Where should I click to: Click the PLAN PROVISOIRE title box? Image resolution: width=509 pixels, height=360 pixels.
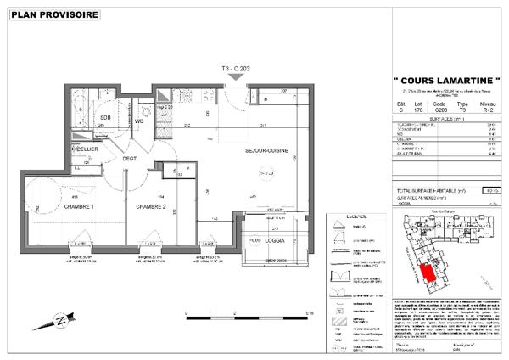click(53, 14)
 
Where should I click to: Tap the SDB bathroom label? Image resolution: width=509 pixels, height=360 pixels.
click(106, 118)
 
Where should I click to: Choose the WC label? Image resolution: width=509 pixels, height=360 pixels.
click(138, 121)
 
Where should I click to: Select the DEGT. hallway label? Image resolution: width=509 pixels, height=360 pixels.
click(130, 158)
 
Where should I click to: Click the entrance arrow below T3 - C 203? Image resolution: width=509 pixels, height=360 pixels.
click(235, 78)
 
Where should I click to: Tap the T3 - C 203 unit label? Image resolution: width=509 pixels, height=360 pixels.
click(235, 68)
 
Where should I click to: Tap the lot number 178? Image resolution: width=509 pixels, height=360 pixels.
click(415, 108)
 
